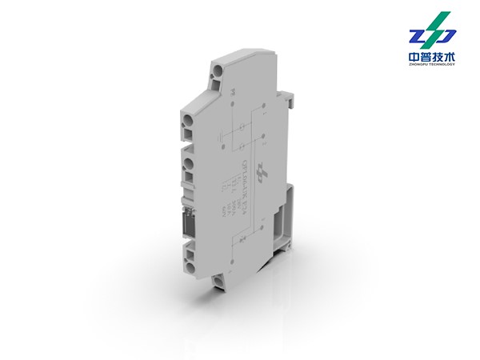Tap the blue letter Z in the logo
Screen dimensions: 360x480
[x=421, y=36]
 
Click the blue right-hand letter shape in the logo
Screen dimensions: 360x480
[x=445, y=36]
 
